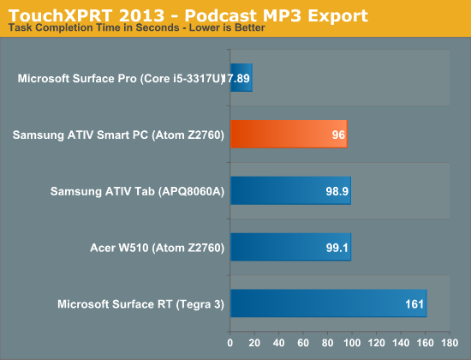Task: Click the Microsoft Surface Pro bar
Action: (x=241, y=78)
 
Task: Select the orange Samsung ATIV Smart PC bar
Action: (x=289, y=134)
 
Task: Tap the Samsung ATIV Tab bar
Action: (x=290, y=190)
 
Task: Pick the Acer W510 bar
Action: (x=291, y=247)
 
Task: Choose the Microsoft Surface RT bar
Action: (x=328, y=303)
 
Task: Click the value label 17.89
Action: (x=236, y=79)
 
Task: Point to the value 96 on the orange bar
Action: (x=338, y=135)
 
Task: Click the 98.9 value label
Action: (x=337, y=191)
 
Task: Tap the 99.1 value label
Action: (x=337, y=248)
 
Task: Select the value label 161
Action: (x=414, y=304)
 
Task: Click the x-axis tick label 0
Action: (x=230, y=343)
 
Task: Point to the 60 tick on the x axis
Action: (x=303, y=343)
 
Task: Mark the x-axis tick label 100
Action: (x=352, y=343)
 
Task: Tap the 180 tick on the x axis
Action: (x=450, y=343)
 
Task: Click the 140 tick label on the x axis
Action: (x=401, y=343)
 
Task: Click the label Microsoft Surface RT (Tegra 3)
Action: (x=141, y=304)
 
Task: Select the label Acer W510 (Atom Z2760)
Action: (x=157, y=248)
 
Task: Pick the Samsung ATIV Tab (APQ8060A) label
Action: (x=137, y=191)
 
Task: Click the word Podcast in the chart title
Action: (x=221, y=15)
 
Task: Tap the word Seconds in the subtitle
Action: (x=158, y=27)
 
